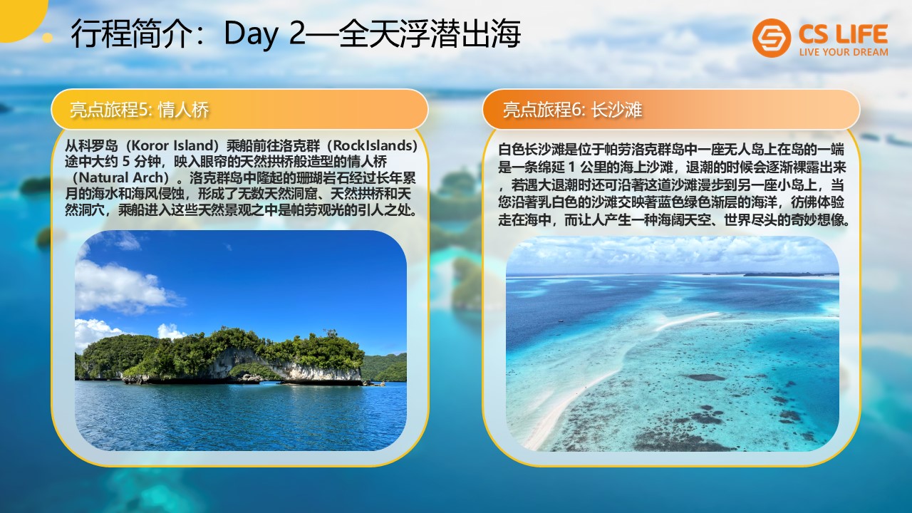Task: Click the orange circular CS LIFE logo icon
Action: (x=772, y=38)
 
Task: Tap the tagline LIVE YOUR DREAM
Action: (x=844, y=52)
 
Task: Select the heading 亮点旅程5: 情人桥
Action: (x=140, y=110)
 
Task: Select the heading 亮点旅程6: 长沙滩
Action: (x=572, y=110)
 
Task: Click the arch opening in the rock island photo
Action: (x=252, y=371)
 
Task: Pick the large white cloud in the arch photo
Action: (x=122, y=287)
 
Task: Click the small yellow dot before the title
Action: (x=48, y=38)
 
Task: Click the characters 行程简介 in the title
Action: (x=131, y=33)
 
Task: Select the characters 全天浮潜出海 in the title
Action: (x=429, y=33)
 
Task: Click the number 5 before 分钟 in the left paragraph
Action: (x=126, y=162)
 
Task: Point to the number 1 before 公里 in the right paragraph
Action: (x=571, y=167)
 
